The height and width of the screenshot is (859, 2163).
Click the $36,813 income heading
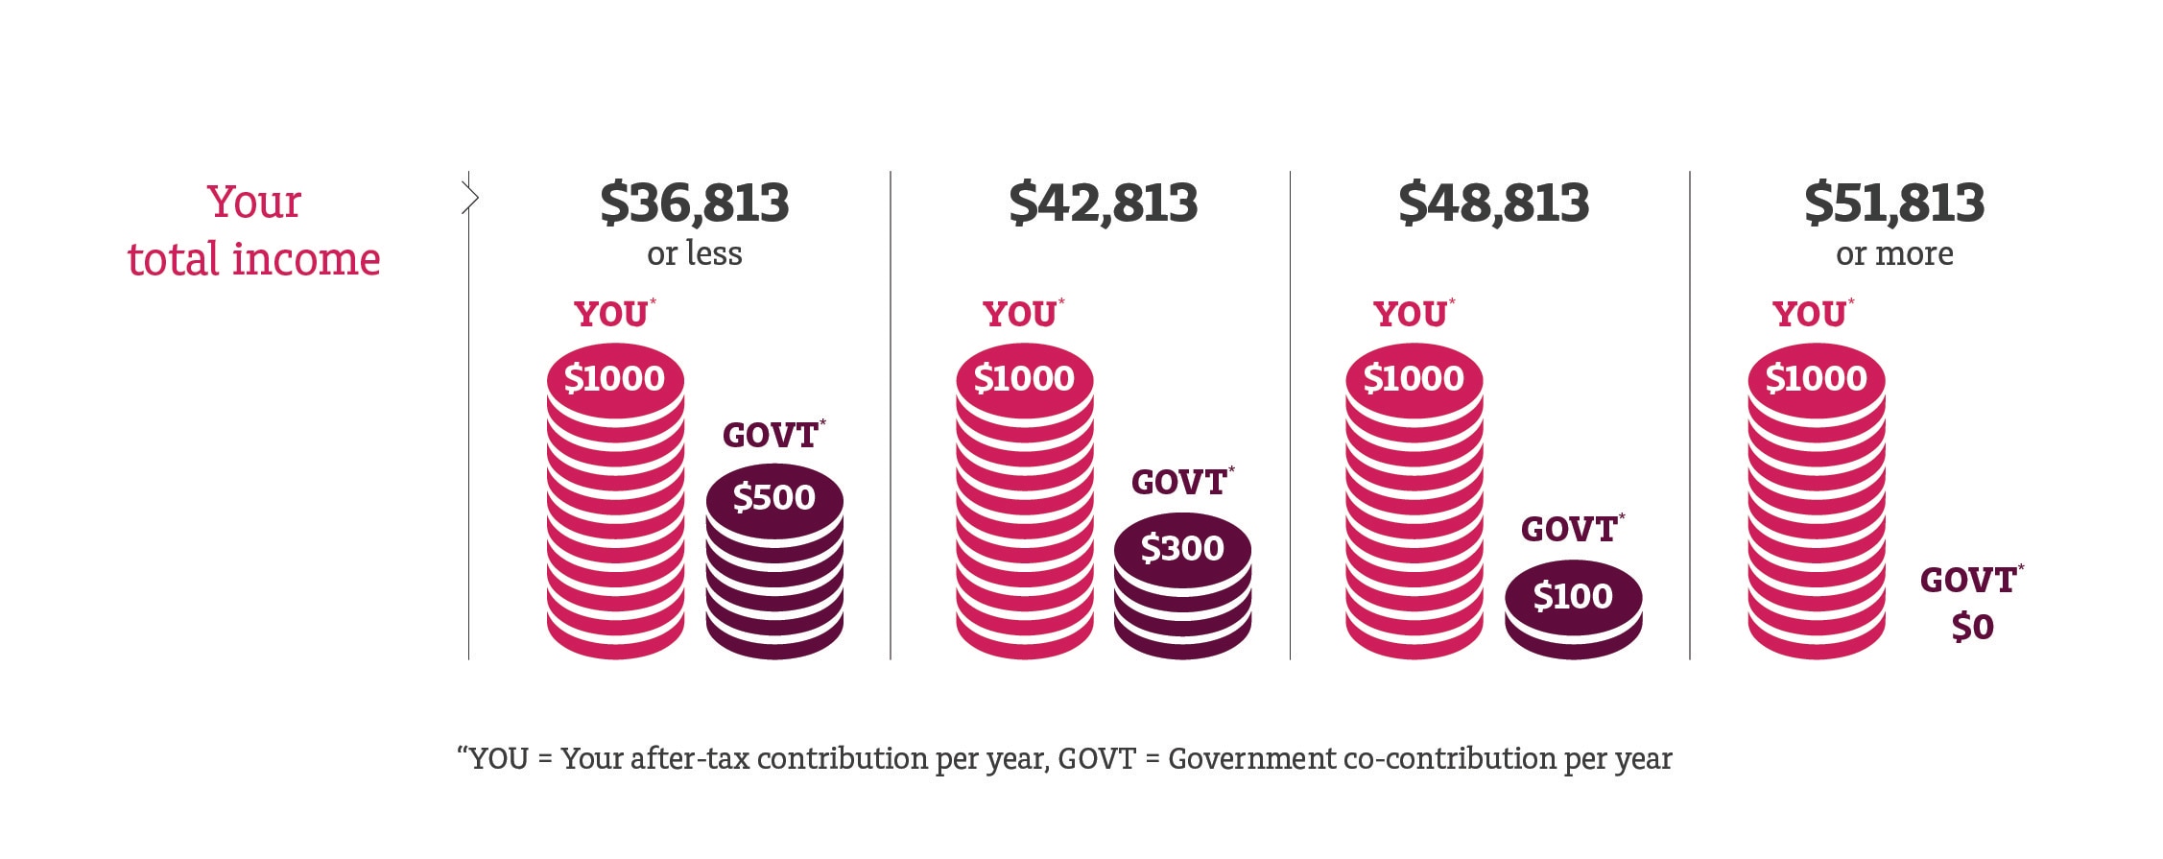tap(694, 203)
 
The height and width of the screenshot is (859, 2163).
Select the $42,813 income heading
tap(1103, 203)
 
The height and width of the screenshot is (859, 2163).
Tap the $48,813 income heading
tap(1493, 203)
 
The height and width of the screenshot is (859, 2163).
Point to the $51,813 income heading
tap(1893, 203)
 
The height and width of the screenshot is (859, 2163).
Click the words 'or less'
tap(694, 254)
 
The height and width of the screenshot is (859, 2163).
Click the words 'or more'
tap(1893, 254)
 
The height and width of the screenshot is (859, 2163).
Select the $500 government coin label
tap(773, 497)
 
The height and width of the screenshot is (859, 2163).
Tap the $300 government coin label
tap(1181, 548)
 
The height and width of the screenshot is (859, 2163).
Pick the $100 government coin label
tap(1572, 596)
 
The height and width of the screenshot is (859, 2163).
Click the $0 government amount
tap(1972, 627)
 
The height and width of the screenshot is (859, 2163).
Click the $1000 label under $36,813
tap(614, 378)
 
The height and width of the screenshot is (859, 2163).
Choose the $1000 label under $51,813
tap(1816, 378)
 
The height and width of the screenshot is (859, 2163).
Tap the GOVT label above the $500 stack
tap(770, 436)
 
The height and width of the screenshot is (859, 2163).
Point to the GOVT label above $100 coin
tap(1569, 530)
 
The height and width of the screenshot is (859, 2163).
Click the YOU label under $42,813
tap(1019, 315)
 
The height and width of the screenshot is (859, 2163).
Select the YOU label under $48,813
tap(1410, 315)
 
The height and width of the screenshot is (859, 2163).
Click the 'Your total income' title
tap(253, 231)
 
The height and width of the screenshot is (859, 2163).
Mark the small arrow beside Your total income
tap(470, 199)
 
